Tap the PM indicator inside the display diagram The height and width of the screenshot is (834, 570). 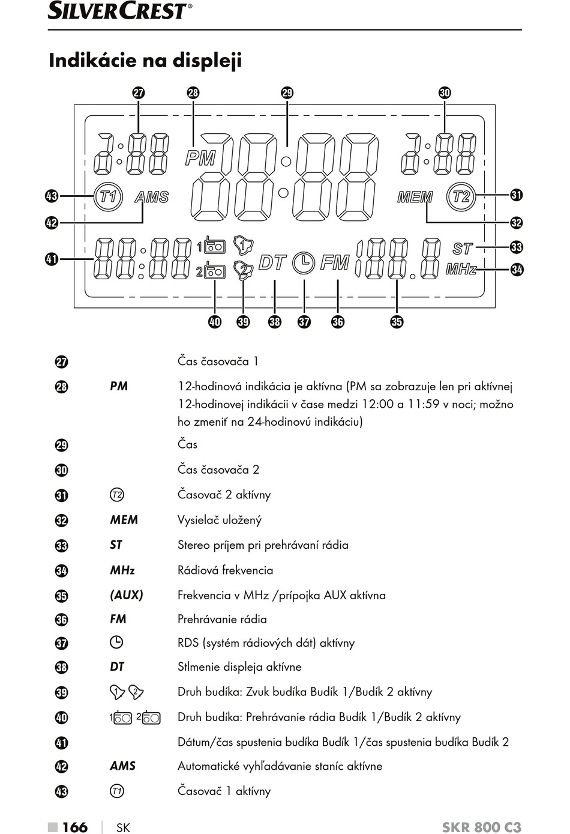pyautogui.click(x=200, y=158)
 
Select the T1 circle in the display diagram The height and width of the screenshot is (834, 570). pyautogui.click(x=108, y=196)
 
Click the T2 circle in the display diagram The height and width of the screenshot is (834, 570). pyautogui.click(x=461, y=196)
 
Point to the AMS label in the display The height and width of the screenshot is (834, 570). pyautogui.click(x=152, y=197)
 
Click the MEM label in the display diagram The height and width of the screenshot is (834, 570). pyautogui.click(x=415, y=197)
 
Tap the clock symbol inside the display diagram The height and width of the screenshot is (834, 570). pyautogui.click(x=304, y=263)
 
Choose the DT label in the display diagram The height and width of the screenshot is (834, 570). pyautogui.click(x=273, y=262)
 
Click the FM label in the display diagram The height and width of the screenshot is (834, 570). pyautogui.click(x=335, y=262)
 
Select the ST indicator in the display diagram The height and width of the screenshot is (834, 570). pyautogui.click(x=463, y=249)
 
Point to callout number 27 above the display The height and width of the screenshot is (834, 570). pyautogui.click(x=139, y=92)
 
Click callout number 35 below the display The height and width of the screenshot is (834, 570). pyautogui.click(x=397, y=322)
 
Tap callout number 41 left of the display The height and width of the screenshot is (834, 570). pyautogui.click(x=52, y=259)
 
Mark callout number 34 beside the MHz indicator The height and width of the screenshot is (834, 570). pyautogui.click(x=517, y=269)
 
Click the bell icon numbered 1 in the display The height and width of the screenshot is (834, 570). pyautogui.click(x=244, y=245)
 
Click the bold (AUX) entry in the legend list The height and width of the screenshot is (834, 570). pyautogui.click(x=127, y=595)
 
